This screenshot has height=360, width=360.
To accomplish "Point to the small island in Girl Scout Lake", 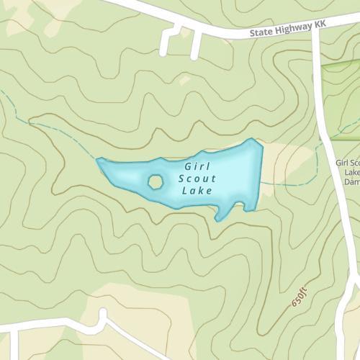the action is [155, 181].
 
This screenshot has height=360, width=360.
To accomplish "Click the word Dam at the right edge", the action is [351, 182].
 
